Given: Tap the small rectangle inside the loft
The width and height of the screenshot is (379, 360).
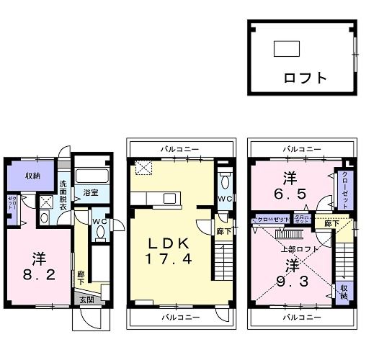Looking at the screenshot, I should coord(286,48).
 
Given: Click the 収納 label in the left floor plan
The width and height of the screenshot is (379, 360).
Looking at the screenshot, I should coord(33,175).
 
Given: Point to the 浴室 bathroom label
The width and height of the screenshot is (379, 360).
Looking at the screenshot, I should coord(90,193).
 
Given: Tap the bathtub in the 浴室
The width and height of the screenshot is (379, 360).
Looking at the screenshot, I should coord(91,176).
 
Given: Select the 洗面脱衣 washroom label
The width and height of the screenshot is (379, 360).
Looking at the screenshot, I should coord(63,194).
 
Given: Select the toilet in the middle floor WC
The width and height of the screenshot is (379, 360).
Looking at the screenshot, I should coord(224,179).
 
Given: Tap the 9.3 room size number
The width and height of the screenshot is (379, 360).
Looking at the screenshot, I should coord(290,274).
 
